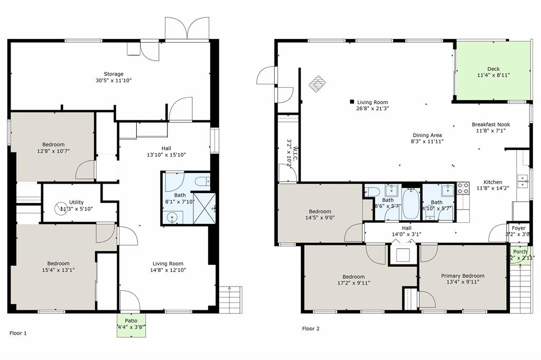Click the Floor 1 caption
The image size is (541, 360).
(18, 333)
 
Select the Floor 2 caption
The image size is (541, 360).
(311, 328)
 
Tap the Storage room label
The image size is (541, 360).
(114, 74)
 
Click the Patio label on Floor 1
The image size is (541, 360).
(132, 320)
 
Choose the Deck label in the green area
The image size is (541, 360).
(493, 69)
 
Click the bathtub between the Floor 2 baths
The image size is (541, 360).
(411, 205)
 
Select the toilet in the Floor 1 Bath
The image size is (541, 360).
(201, 182)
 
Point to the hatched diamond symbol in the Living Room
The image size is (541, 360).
(317, 83)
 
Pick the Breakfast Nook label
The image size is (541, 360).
(491, 125)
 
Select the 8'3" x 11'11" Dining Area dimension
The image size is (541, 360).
(427, 141)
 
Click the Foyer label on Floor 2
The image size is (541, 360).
(518, 228)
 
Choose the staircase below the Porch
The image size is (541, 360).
(521, 285)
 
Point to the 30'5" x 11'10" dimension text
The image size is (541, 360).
(113, 81)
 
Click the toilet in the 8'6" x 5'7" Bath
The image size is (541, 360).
(372, 191)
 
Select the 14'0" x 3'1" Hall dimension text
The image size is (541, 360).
(406, 234)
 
